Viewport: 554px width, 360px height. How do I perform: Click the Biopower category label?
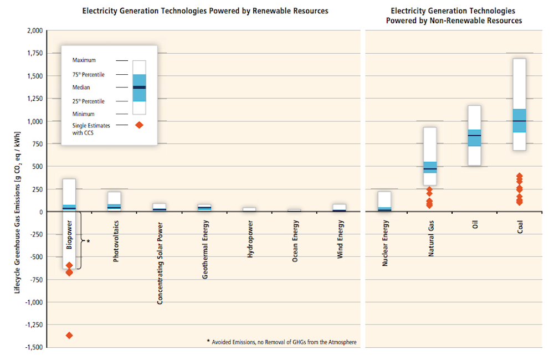coord(69,235)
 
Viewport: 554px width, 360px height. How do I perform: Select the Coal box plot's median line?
coord(520,121)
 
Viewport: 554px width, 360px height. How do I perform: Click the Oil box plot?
coord(474,135)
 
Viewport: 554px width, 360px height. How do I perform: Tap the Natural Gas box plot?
coord(430,157)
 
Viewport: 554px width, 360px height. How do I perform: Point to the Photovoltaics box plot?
coord(115,201)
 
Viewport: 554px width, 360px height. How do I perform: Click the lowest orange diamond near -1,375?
coord(69,335)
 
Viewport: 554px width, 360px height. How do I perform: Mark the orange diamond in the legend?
coord(139,125)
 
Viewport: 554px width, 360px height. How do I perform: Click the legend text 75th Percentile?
coord(89,74)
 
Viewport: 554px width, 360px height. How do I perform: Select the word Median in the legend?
coord(81,88)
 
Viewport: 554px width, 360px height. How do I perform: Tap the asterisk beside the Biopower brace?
coord(88,241)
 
